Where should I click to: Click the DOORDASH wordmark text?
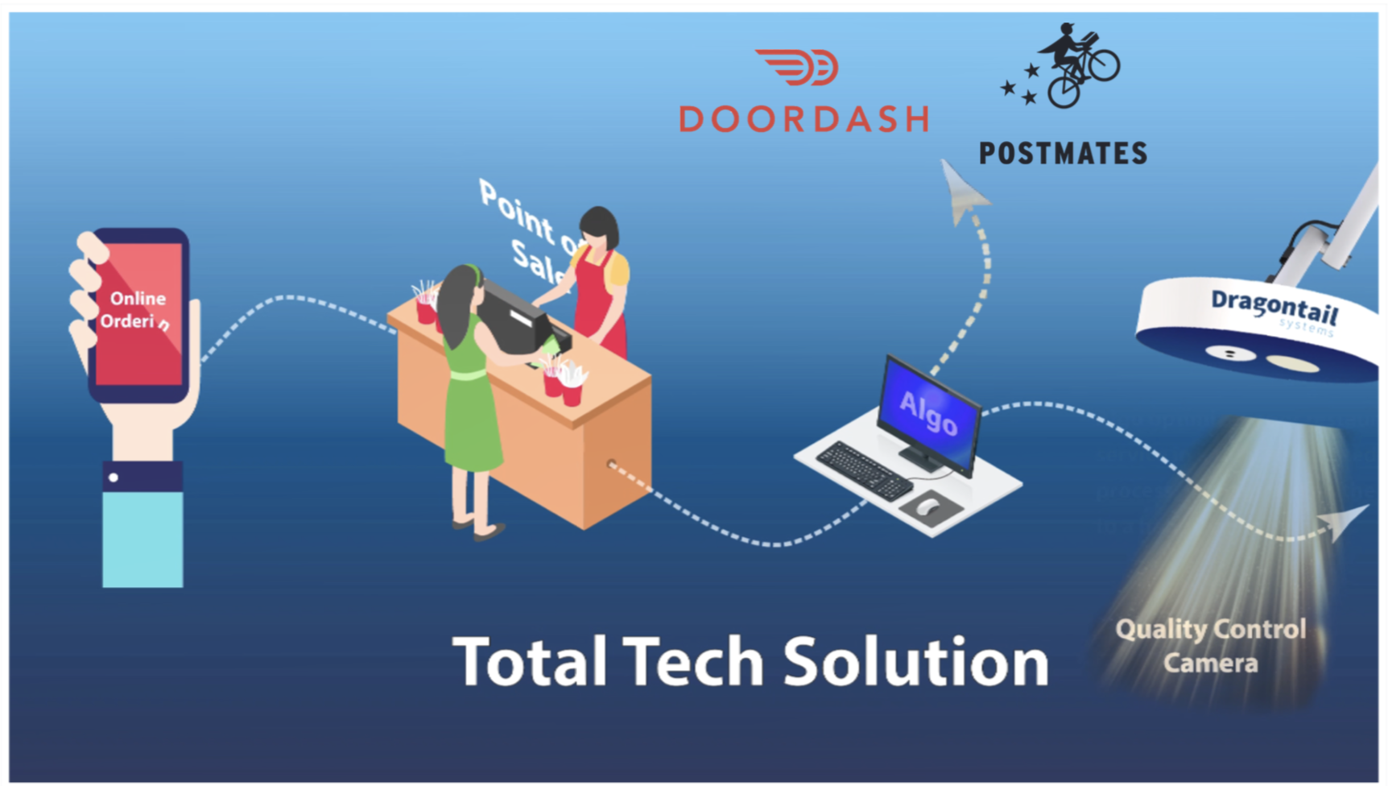tap(803, 118)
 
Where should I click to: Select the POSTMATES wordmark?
tap(1063, 153)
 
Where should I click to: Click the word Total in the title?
tap(529, 662)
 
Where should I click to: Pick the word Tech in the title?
tap(692, 662)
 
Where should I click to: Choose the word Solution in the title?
tap(915, 662)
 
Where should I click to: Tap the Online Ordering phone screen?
tap(138, 314)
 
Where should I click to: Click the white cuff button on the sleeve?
tap(114, 478)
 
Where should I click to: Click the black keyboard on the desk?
tap(864, 470)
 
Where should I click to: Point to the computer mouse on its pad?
tap(927, 507)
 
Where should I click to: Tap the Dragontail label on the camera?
tap(1274, 307)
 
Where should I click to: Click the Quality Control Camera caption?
tap(1210, 646)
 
